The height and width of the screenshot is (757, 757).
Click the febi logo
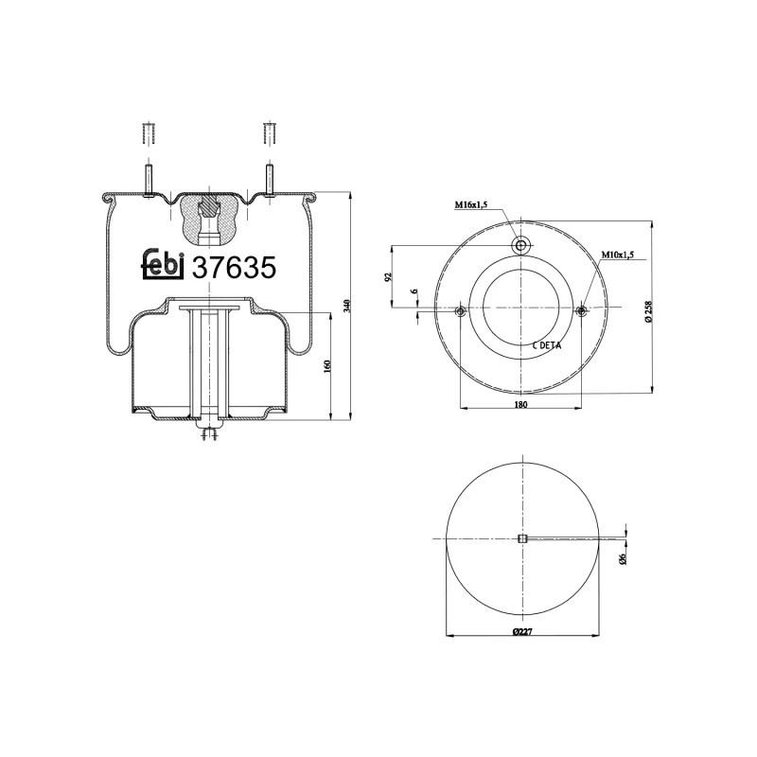163,267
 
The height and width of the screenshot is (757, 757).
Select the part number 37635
234,268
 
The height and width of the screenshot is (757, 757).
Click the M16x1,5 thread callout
470,205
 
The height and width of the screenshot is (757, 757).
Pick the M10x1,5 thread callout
618,255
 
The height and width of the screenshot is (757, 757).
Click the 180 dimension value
520,404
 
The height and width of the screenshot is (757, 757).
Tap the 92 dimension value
388,277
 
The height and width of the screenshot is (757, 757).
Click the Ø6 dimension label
622,558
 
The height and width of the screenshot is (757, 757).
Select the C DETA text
546,345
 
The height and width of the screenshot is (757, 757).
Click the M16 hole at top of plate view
520,246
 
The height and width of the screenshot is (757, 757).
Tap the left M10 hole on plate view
460,311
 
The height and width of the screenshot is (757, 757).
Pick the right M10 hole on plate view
581,311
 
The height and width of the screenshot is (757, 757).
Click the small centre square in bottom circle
521,538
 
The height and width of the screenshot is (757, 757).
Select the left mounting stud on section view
148,179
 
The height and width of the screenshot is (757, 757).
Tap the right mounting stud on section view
269,179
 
